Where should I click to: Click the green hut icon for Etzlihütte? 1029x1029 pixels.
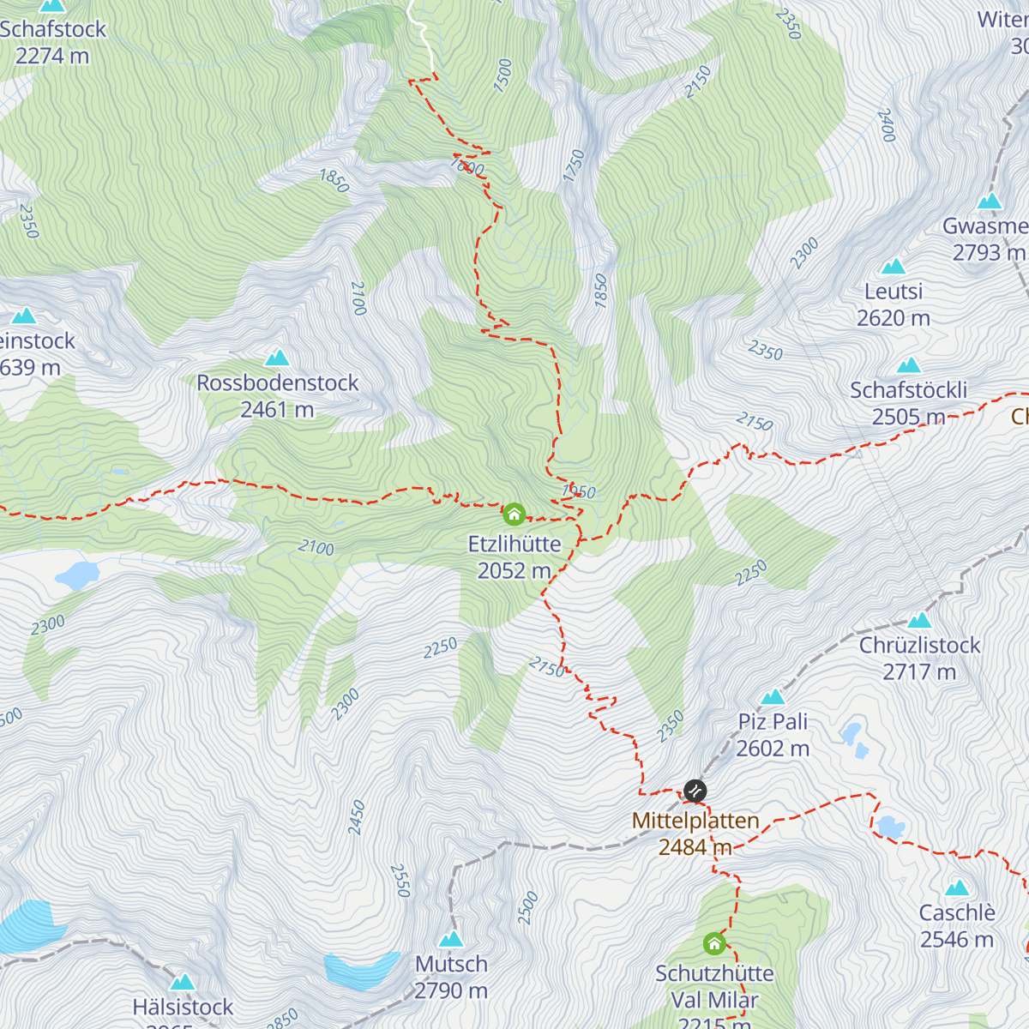514,514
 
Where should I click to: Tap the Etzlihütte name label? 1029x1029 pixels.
514,545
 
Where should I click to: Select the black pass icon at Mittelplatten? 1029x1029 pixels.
695,790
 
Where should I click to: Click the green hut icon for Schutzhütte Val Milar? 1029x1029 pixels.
714,944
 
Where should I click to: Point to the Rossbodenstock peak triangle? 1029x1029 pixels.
277,358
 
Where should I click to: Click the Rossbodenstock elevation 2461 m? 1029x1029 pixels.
277,410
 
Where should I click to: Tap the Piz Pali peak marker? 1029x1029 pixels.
773,696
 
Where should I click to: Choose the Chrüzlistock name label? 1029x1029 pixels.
919,645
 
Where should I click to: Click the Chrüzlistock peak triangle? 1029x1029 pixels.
919,619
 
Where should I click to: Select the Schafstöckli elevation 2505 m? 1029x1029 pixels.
908,417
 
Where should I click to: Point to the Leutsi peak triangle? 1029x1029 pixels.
894,267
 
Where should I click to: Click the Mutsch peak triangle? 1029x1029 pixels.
451,939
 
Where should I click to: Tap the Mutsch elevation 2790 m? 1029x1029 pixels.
451,991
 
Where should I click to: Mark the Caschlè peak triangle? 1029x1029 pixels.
957,888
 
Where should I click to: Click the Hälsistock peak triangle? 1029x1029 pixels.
183,982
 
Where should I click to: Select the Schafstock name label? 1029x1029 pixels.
53,29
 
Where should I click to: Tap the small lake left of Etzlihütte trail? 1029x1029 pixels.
77,575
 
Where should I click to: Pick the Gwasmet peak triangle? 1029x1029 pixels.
990,202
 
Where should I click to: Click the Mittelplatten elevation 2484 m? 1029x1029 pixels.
695,848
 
